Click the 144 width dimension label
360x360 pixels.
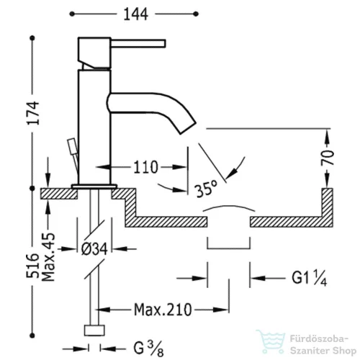coord(135,14)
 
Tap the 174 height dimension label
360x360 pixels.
coord(32,113)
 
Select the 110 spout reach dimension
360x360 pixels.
coord(145,167)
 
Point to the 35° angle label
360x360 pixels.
coord(207,188)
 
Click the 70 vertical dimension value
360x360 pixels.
coord(328,158)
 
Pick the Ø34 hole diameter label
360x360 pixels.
coord(94,249)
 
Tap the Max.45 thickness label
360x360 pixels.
coord(48,256)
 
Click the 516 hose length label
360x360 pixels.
coord(32,266)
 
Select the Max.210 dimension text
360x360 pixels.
coord(163,310)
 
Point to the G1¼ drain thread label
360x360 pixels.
coord(310,279)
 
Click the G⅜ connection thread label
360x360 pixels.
coord(149,348)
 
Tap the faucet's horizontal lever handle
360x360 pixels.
coord(138,43)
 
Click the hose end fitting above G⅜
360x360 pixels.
coord(94,330)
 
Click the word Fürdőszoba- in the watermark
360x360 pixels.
coord(319,339)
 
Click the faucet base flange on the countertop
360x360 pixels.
coord(94,186)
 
